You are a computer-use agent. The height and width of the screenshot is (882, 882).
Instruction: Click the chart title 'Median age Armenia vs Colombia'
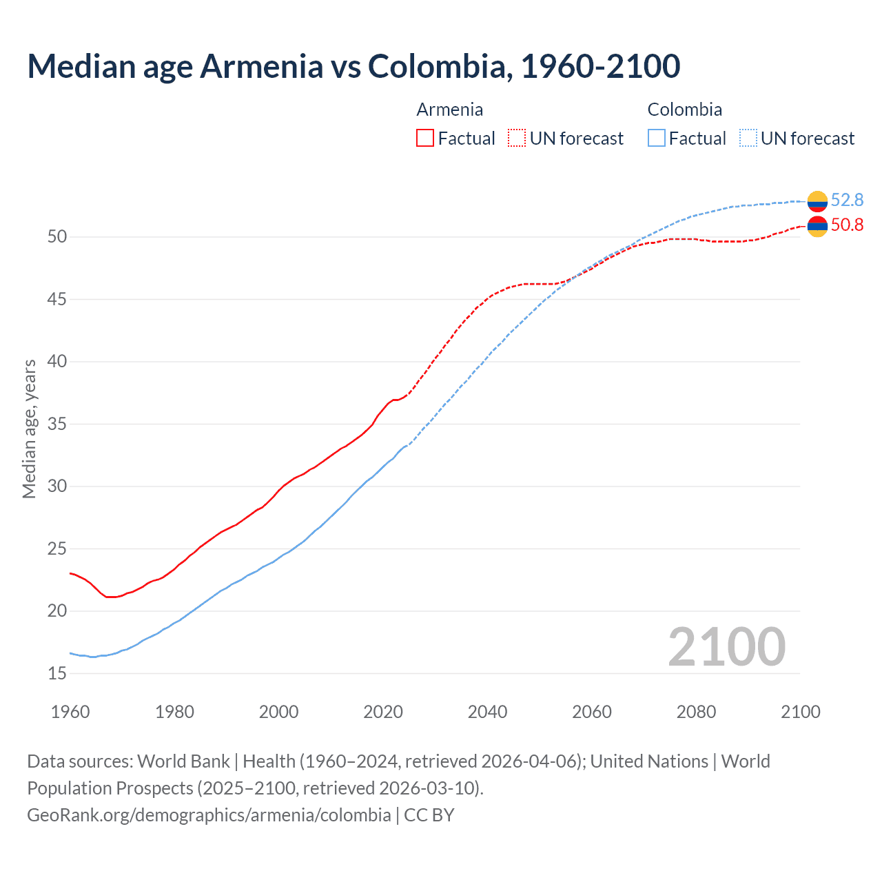[x=353, y=66]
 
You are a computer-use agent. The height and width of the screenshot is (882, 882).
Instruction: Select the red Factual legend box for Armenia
[x=425, y=139]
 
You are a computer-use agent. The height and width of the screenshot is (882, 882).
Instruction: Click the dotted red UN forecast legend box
[x=517, y=139]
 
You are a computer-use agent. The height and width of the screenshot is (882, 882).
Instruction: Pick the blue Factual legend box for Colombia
[x=657, y=139]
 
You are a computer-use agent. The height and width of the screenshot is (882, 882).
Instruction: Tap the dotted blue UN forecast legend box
[x=748, y=139]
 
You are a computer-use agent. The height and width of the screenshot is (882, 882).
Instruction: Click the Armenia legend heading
[x=449, y=110]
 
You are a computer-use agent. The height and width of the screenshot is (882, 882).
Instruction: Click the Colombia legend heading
[x=684, y=110]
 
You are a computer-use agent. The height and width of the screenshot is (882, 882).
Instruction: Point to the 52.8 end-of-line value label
[x=847, y=200]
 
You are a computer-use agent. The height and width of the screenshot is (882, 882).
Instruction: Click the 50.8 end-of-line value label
[x=847, y=225]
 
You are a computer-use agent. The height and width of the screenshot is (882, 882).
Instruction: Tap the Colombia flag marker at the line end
[x=817, y=201]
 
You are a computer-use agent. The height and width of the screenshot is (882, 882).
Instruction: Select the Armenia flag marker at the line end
[x=817, y=226]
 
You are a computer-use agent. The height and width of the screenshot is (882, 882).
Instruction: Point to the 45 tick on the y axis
[x=57, y=299]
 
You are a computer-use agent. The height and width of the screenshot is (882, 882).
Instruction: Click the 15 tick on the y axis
[x=57, y=673]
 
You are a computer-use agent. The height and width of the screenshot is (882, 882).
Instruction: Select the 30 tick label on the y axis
[x=57, y=486]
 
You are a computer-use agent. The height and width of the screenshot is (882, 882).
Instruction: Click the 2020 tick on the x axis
[x=383, y=712]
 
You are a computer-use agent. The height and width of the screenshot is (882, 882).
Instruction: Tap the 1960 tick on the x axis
[x=70, y=712]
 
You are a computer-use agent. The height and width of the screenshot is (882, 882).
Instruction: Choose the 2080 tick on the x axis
[x=696, y=712]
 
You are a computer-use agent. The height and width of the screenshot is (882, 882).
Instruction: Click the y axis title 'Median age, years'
[x=29, y=429]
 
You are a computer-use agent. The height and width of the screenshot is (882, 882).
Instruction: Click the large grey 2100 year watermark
[x=726, y=646]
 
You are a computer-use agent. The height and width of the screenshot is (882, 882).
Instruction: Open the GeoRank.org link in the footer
[x=209, y=815]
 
